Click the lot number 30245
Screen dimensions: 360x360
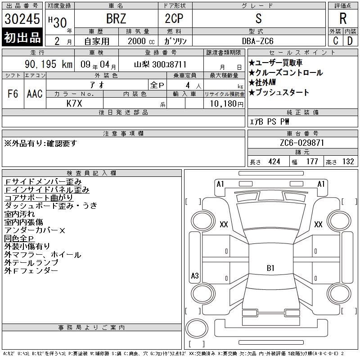click(x=22, y=19)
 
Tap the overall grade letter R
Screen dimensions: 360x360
click(x=342, y=19)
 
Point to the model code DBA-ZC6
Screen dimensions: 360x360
click(x=258, y=41)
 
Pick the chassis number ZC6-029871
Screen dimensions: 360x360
click(x=302, y=143)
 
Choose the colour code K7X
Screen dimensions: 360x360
click(x=75, y=103)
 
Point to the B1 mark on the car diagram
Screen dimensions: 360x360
click(x=270, y=268)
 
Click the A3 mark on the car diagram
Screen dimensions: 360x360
click(x=195, y=276)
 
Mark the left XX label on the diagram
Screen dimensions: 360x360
click(x=224, y=225)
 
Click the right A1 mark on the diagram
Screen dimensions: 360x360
click(x=321, y=184)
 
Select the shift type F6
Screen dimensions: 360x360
click(x=13, y=94)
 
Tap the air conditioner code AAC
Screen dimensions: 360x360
click(x=35, y=94)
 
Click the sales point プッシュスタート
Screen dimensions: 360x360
click(x=279, y=93)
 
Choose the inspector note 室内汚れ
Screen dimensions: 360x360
click(x=20, y=214)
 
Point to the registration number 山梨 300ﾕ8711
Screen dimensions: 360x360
click(x=160, y=64)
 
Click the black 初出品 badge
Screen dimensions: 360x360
click(x=22, y=38)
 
